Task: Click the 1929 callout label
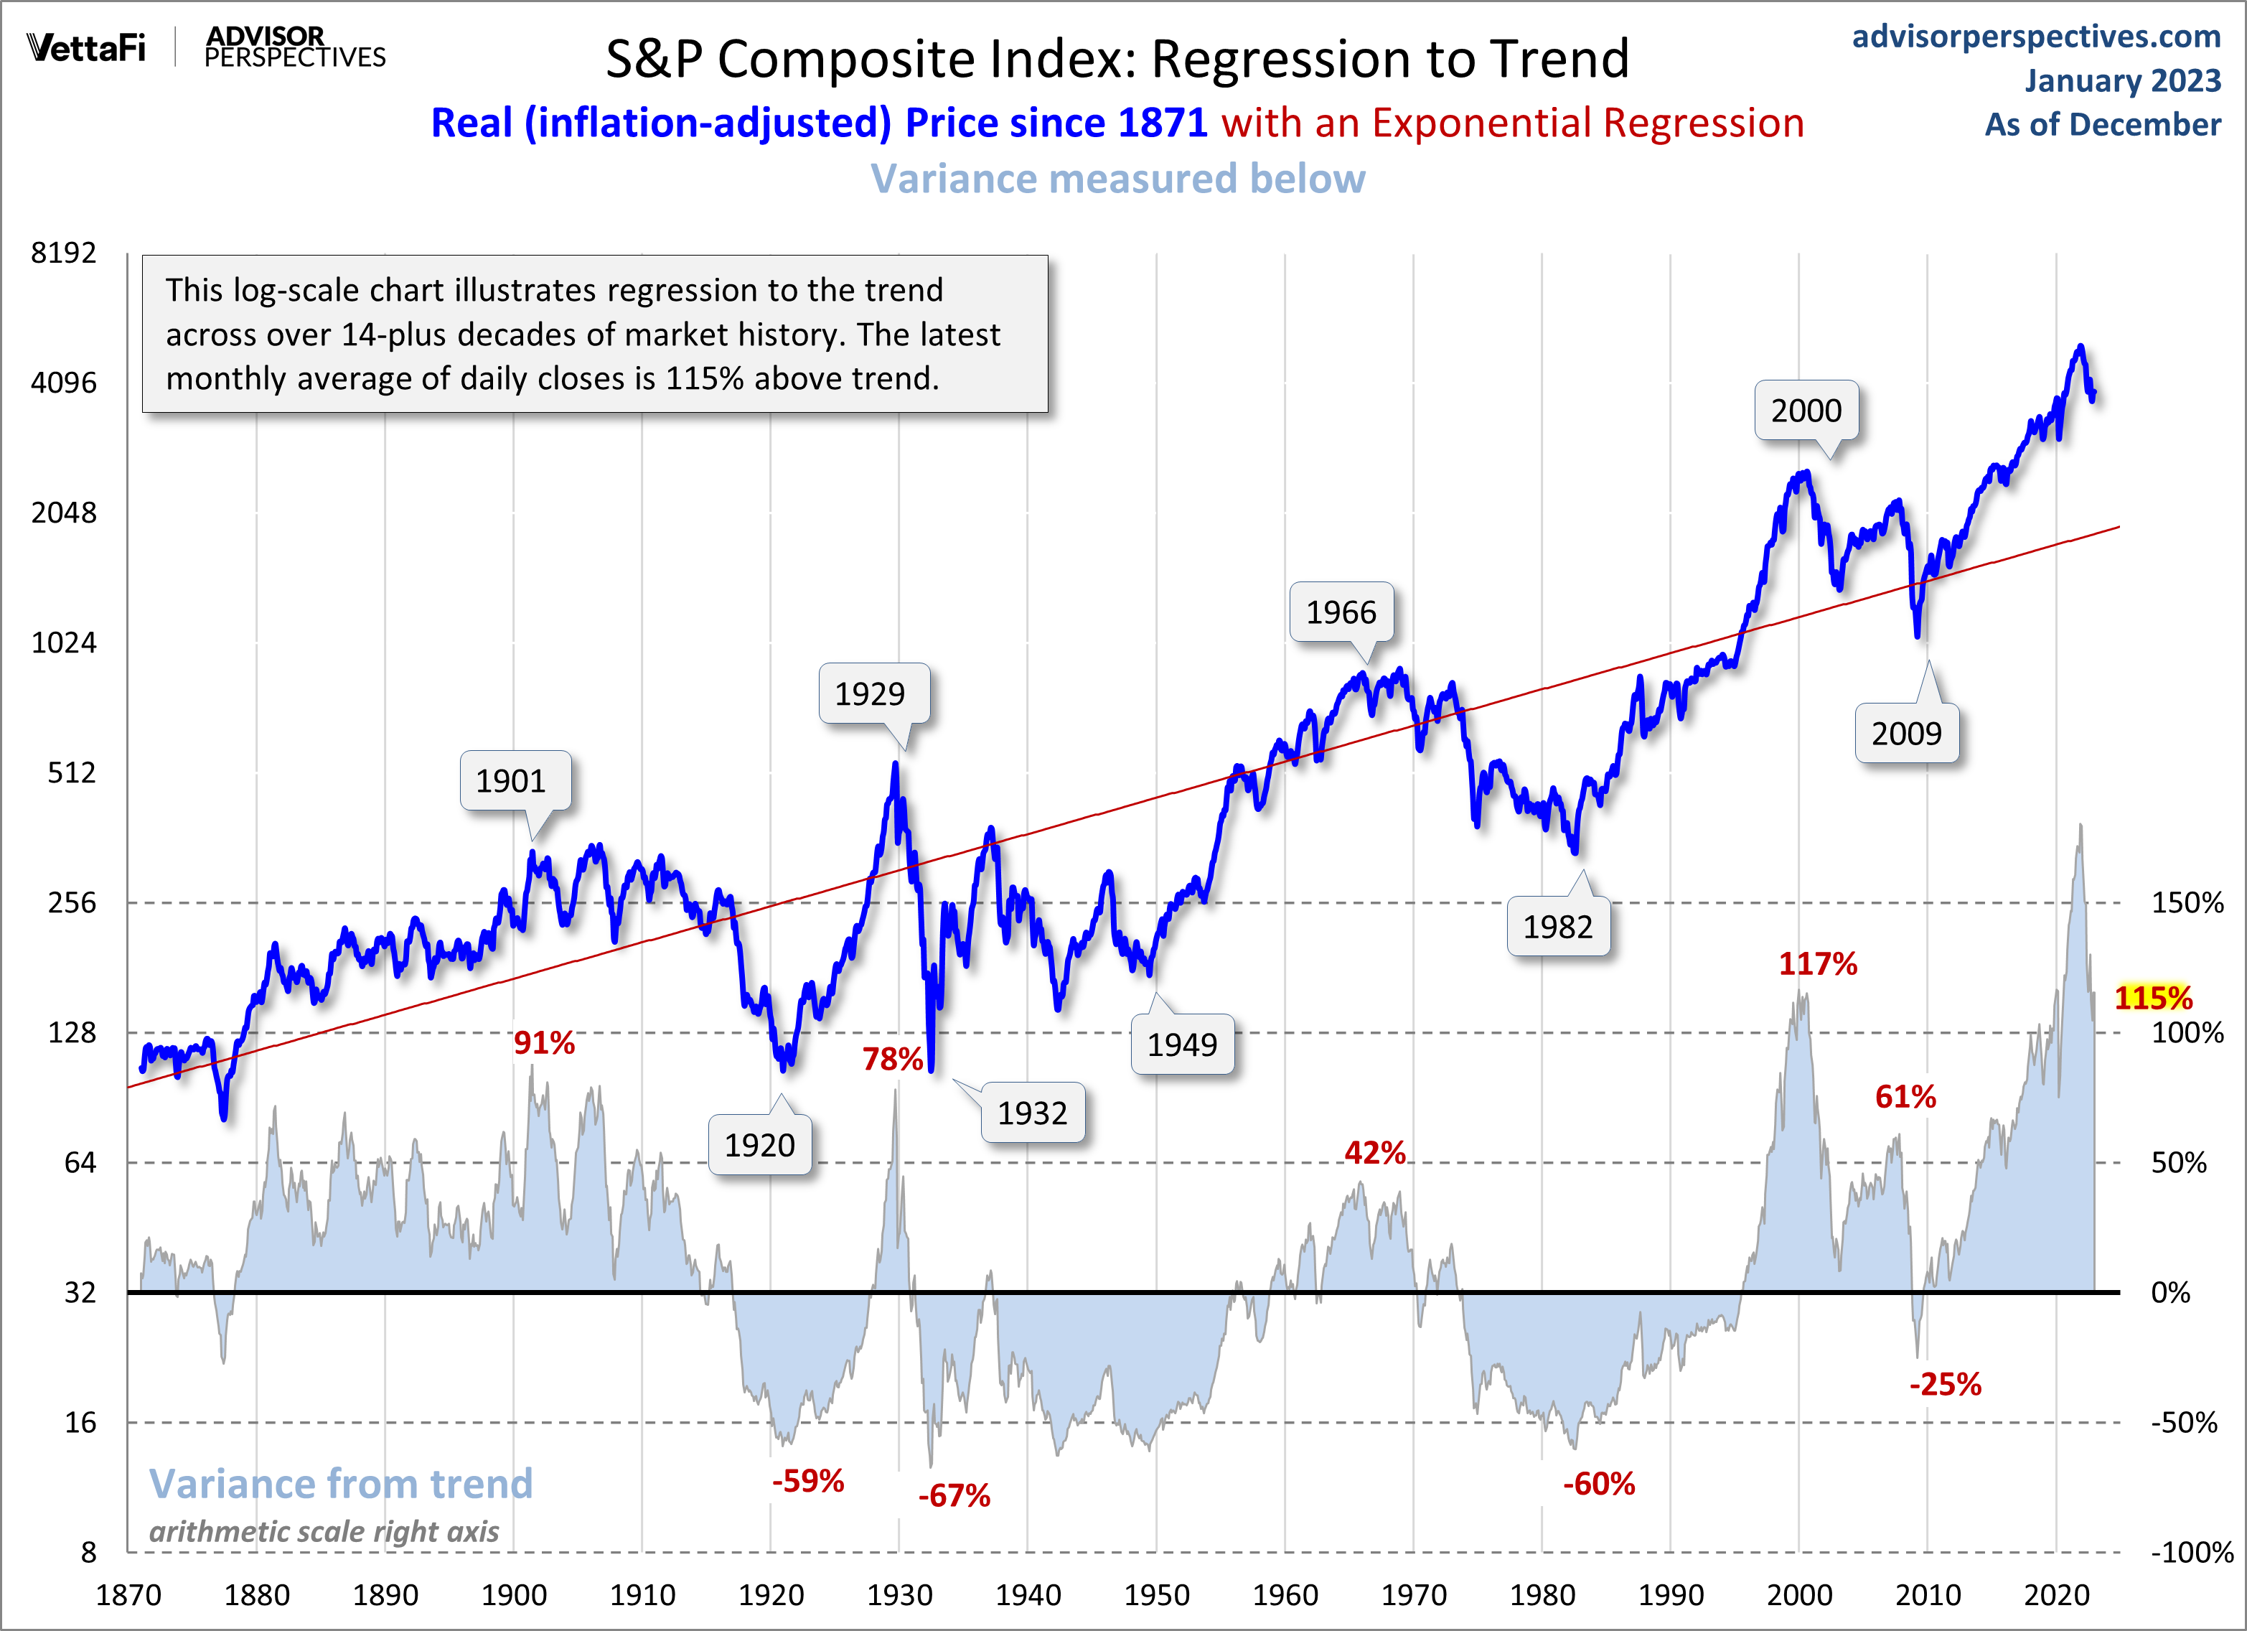click(870, 693)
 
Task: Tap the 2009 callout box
click(1905, 733)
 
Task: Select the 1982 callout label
click(1557, 927)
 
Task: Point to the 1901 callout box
click(511, 781)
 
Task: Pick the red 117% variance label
click(1817, 963)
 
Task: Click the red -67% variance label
click(953, 1495)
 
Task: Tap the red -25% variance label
click(1945, 1384)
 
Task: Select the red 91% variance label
click(544, 1042)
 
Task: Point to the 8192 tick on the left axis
click(63, 253)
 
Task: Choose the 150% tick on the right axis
click(2187, 902)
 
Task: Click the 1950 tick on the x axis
click(1156, 1595)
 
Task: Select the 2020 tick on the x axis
click(2056, 1595)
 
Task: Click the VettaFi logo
click(86, 47)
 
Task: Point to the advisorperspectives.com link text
click(2036, 36)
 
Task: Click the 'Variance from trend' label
click(341, 1483)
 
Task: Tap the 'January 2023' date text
click(2122, 80)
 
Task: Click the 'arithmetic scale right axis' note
click(324, 1532)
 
